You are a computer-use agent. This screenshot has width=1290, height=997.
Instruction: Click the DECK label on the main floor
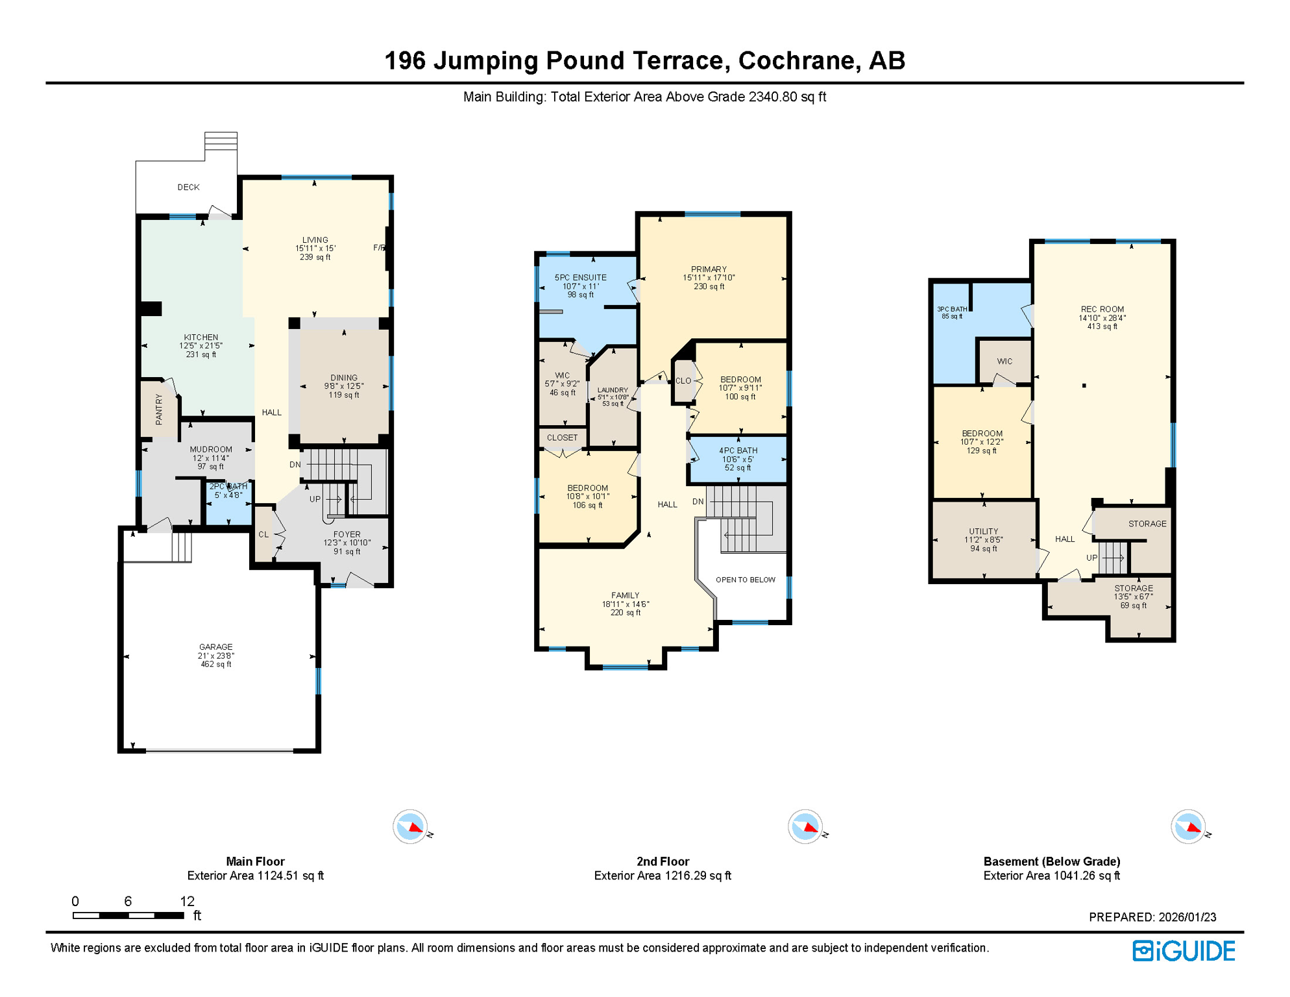pyautogui.click(x=188, y=187)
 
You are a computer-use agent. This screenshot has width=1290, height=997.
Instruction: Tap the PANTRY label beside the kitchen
pyautogui.click(x=159, y=410)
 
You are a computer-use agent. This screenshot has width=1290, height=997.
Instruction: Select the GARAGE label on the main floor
pyautogui.click(x=215, y=647)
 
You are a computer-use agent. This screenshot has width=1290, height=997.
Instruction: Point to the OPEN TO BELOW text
pyautogui.click(x=745, y=580)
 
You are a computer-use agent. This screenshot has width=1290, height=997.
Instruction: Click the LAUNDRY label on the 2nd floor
pyautogui.click(x=613, y=390)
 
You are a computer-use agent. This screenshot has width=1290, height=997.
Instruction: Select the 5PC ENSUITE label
pyautogui.click(x=580, y=277)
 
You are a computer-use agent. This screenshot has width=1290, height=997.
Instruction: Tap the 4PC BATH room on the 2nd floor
pyautogui.click(x=738, y=458)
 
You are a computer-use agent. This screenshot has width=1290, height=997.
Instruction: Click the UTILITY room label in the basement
pyautogui.click(x=983, y=532)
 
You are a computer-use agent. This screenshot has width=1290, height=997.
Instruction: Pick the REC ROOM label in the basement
pyautogui.click(x=1102, y=310)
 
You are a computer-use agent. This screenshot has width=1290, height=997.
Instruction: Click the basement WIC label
pyautogui.click(x=1004, y=362)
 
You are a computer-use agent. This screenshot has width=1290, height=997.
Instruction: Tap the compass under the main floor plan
pyautogui.click(x=410, y=827)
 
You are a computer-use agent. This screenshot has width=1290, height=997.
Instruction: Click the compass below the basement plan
pyautogui.click(x=1188, y=827)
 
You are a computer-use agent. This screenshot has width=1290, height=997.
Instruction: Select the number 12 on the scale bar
pyautogui.click(x=187, y=901)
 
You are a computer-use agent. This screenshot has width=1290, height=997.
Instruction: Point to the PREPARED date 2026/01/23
pyautogui.click(x=1187, y=917)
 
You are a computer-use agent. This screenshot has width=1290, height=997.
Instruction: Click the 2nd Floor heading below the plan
pyautogui.click(x=662, y=861)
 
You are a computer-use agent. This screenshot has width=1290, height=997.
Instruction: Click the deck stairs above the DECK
pyautogui.click(x=221, y=141)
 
